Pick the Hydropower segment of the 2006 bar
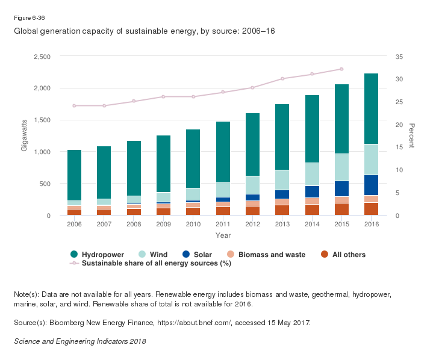tap(75, 175)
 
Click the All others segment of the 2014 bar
tap(312, 209)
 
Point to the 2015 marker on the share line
tap(341, 69)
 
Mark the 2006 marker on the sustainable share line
tap(75, 105)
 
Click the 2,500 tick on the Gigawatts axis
tap(42, 57)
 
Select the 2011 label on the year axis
tap(223, 224)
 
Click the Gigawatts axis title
tap(25, 136)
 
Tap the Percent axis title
tap(412, 136)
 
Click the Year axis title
tap(223, 235)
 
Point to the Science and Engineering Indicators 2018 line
tap(79, 341)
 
